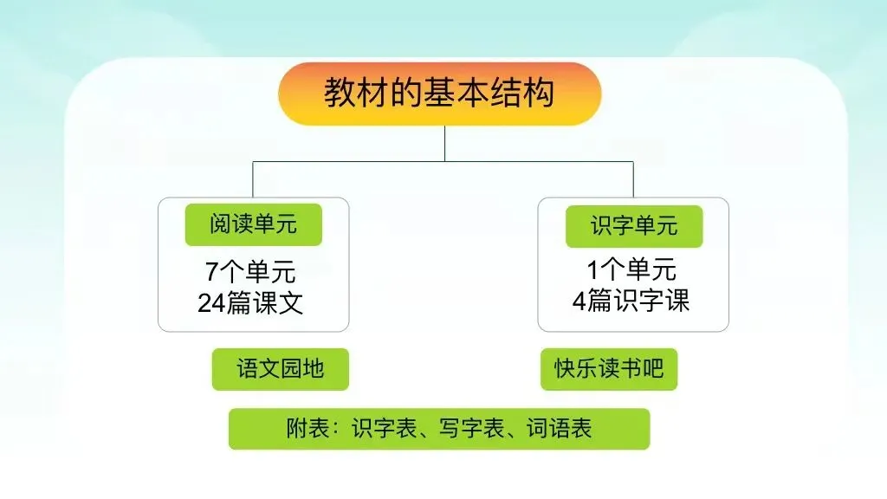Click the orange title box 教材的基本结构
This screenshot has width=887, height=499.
(439, 94)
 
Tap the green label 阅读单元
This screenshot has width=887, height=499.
(253, 225)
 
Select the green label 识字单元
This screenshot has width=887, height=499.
(633, 226)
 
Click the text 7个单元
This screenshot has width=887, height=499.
(250, 272)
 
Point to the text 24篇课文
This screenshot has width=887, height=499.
(250, 303)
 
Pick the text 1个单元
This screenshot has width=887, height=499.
(631, 270)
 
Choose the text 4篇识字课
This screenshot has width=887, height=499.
(631, 301)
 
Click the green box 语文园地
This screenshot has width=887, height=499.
(280, 369)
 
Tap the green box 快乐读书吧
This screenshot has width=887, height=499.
(609, 369)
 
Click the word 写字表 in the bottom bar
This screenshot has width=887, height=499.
(472, 429)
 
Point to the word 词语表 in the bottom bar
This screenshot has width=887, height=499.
(560, 429)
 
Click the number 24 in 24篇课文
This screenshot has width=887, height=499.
(211, 303)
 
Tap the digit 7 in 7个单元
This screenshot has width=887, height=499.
(212, 272)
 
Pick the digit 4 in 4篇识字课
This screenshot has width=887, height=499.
(579, 301)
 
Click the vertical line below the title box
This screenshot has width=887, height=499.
(444, 143)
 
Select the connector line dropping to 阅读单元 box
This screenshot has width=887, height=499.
(253, 179)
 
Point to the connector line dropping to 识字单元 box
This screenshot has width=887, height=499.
(633, 179)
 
